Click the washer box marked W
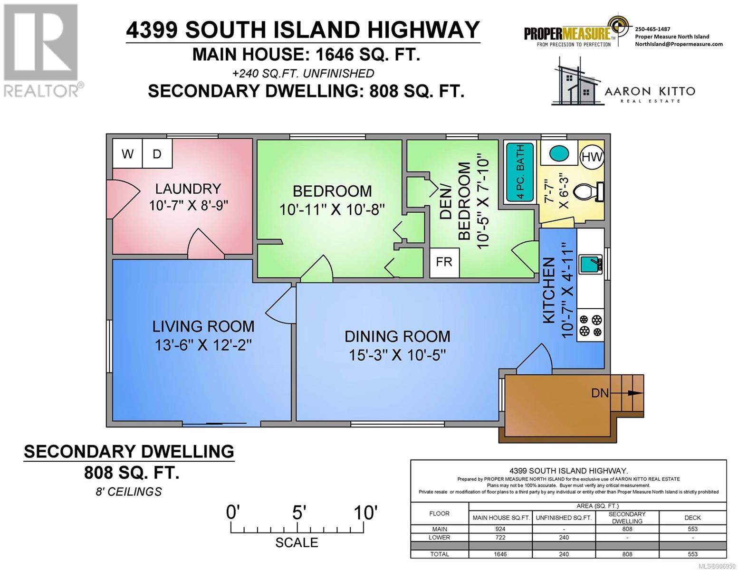pos(127,153)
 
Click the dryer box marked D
pos(157,153)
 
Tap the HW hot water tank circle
pos(592,156)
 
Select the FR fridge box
pos(444,262)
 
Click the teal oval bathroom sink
pos(559,154)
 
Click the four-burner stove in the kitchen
pos(591,325)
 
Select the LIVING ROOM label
pos(203,327)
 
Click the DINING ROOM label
pos(397,336)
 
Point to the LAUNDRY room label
pos(188,189)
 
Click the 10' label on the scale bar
pos(365,513)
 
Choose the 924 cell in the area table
pos(500,529)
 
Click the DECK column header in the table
pos(692,518)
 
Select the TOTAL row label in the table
pos(440,554)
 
